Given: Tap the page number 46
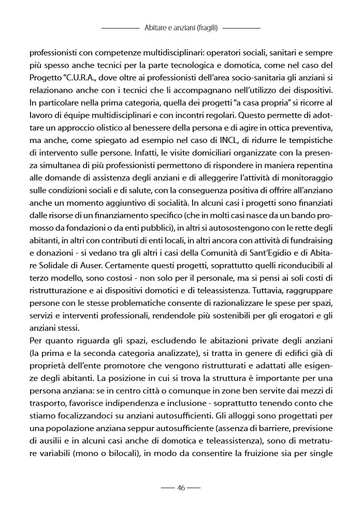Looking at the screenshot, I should tap(181, 488).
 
